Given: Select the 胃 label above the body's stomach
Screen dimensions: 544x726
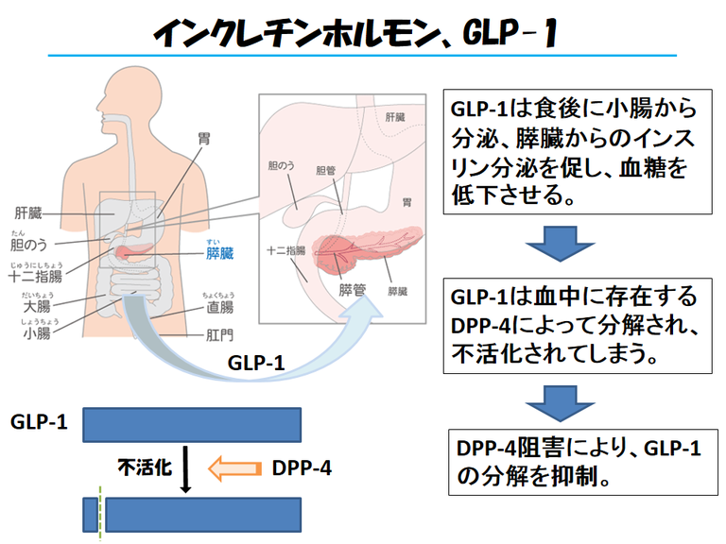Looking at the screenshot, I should click(x=204, y=138).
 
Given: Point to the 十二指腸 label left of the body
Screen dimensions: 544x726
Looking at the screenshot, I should click(x=35, y=276).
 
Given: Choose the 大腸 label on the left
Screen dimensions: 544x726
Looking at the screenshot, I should click(x=36, y=307).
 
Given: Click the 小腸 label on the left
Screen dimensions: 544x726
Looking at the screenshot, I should click(x=36, y=333).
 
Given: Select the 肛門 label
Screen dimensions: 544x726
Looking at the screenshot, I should click(x=219, y=334).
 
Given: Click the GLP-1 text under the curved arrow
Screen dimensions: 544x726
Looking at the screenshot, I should click(x=254, y=362).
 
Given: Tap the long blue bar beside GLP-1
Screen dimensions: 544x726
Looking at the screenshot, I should click(x=192, y=424).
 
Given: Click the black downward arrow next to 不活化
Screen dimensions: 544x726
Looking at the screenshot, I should click(x=185, y=469).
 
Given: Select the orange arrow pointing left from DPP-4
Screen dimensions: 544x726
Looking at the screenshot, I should click(x=233, y=467).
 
